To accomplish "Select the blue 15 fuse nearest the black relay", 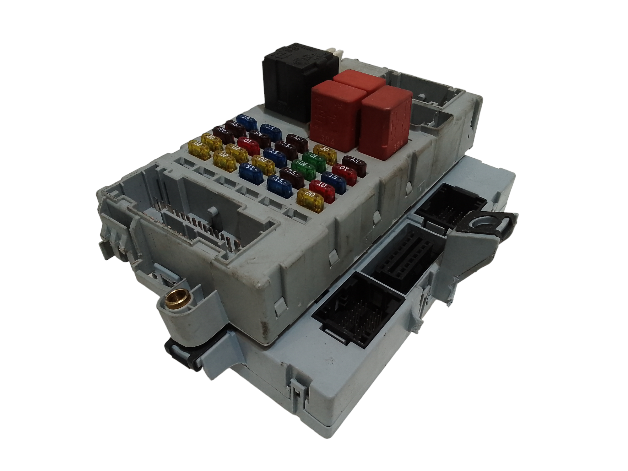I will tap(247, 120).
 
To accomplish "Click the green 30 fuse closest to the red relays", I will tap(314, 157).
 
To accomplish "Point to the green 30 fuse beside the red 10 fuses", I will tap(303, 166).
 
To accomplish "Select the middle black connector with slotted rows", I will tap(405, 251).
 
